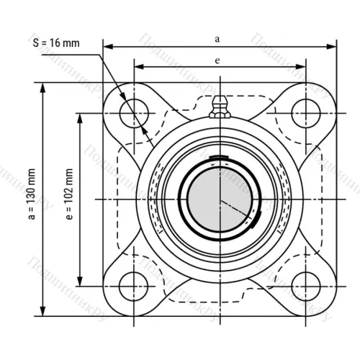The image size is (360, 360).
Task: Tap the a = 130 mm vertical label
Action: pyautogui.click(x=30, y=199)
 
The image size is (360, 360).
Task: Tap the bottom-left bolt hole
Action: pyautogui.click(x=134, y=284)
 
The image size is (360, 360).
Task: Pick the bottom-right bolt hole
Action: pyautogui.click(x=304, y=284)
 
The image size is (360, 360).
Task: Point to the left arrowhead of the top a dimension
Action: pyautogui.click(x=107, y=48)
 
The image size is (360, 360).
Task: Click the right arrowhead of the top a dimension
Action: pyautogui.click(x=333, y=48)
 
